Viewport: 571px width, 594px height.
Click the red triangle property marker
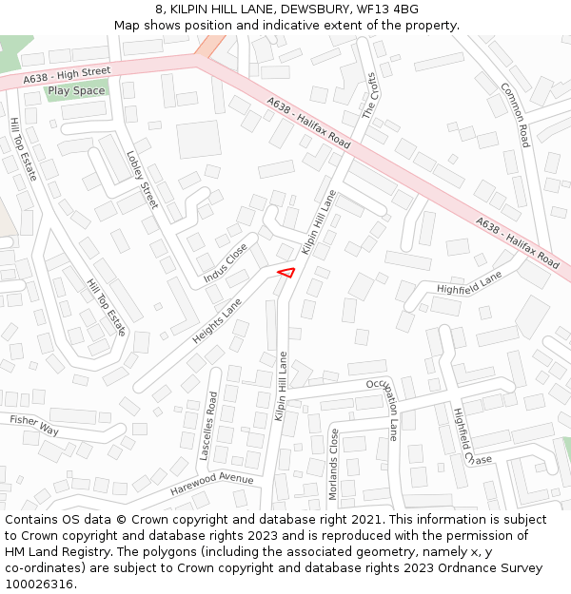285,273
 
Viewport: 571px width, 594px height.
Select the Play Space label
76,91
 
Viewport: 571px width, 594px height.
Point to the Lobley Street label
142,180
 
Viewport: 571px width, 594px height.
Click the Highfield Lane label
468,281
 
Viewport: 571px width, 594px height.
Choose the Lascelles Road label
208,425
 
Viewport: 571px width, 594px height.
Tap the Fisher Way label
34,425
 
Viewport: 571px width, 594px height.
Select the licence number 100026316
39,584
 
